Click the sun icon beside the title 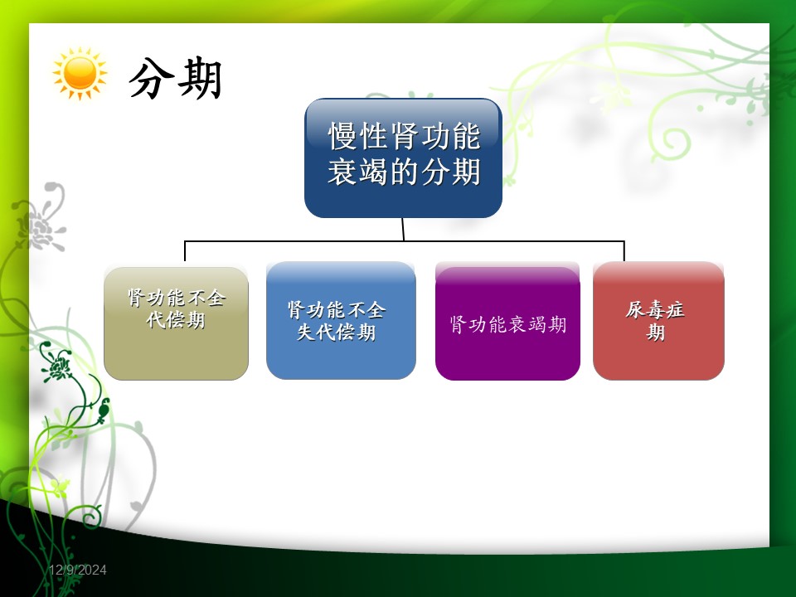(80, 74)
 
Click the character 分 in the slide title (150, 78)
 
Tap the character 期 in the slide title (200, 78)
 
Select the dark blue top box (403, 158)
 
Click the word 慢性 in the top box (359, 136)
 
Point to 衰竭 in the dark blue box (358, 172)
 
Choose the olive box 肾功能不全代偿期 (176, 323)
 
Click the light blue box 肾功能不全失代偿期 (341, 320)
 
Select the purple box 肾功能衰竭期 (507, 323)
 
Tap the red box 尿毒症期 (658, 320)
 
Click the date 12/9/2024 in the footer (78, 570)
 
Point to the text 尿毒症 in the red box (655, 309)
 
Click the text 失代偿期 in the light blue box (336, 332)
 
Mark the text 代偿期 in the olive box (176, 320)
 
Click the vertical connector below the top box (403, 230)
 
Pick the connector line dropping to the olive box (185, 251)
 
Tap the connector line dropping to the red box (624, 251)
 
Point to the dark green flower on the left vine (57, 365)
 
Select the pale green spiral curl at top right (671, 143)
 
